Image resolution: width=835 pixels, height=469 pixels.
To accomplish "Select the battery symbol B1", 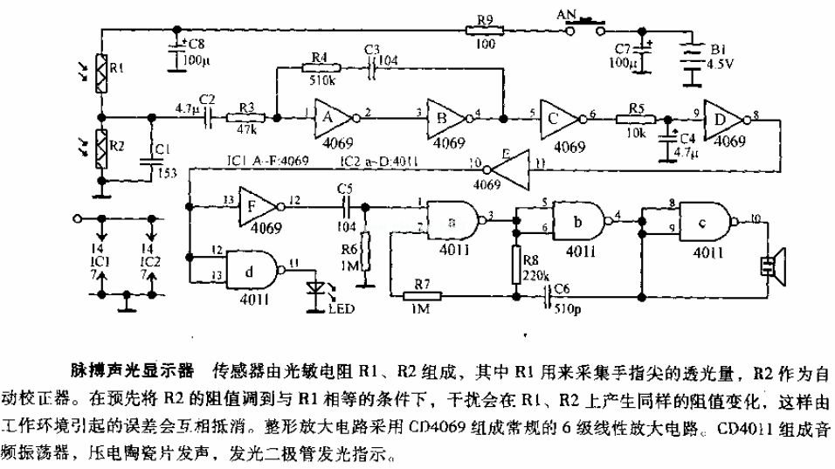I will pos(694,59).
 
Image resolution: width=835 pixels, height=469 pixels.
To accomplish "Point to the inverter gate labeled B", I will pos(448,113).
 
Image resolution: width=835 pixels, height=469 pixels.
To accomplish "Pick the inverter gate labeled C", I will pos(559,114).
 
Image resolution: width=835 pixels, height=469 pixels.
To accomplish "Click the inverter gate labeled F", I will pos(255,207).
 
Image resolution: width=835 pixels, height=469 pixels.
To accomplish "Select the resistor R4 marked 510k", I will pos(317,66).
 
